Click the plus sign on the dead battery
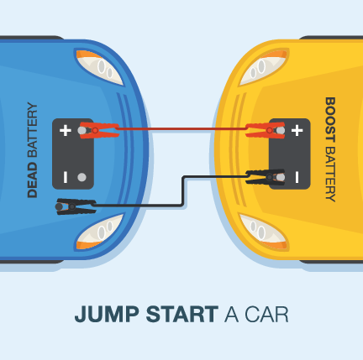pos(65,131)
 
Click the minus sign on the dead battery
pos(65,177)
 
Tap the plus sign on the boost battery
pos(297,130)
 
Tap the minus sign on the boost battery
pos(297,176)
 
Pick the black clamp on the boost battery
pos(264,176)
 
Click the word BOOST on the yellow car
pos(329,117)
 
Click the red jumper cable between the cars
pos(181,130)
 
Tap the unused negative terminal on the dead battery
pos(82,177)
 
